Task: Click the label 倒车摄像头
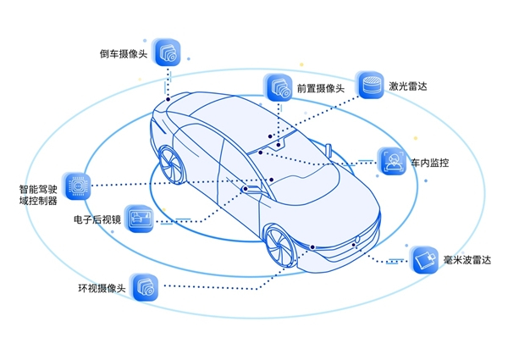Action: [123, 53]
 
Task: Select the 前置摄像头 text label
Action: [320, 89]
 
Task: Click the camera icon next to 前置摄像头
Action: [280, 87]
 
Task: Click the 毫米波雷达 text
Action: [467, 257]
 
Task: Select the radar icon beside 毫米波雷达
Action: [425, 257]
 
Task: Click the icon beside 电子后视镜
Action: [139, 217]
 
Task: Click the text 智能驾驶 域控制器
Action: [38, 195]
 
